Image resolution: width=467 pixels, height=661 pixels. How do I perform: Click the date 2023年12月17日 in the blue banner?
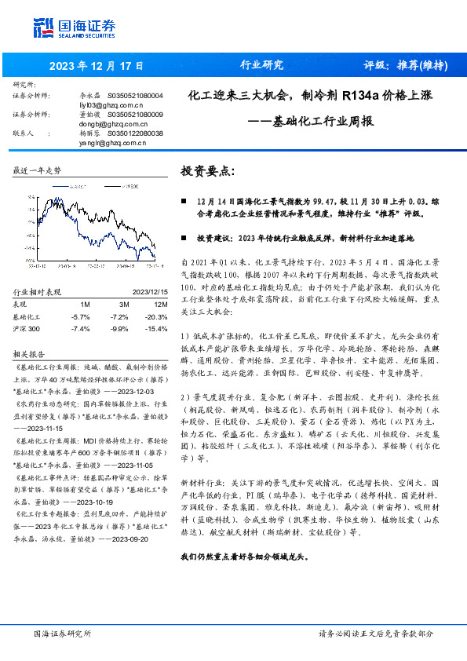tap(98, 66)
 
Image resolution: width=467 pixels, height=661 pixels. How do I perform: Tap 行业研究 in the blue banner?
tap(261, 65)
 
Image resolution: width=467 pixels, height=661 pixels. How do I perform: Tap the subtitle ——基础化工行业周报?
tap(310, 122)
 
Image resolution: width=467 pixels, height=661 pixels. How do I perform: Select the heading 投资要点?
tap(207, 170)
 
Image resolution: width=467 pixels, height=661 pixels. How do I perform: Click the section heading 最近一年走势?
tap(37, 170)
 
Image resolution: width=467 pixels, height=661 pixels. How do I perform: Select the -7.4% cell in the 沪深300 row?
tap(80, 327)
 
